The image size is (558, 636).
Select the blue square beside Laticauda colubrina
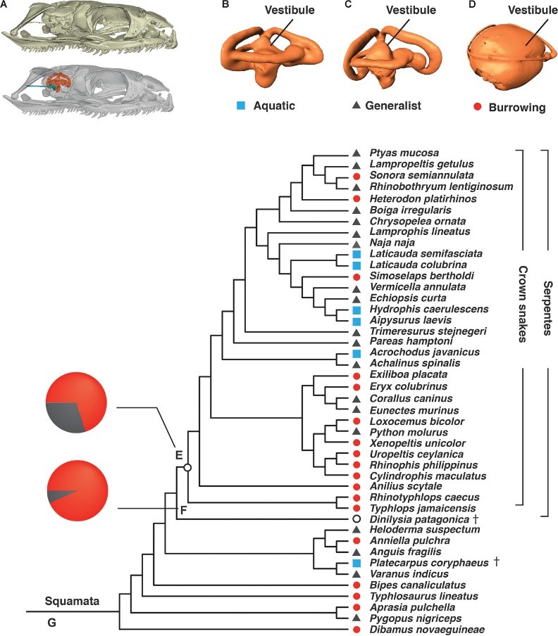point(356,265)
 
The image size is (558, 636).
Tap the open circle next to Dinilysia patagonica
point(356,519)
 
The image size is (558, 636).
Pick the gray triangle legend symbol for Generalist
point(356,106)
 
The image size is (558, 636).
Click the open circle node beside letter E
point(187,466)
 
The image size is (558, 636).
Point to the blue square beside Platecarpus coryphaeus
point(356,564)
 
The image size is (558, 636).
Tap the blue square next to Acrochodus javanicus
point(356,352)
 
